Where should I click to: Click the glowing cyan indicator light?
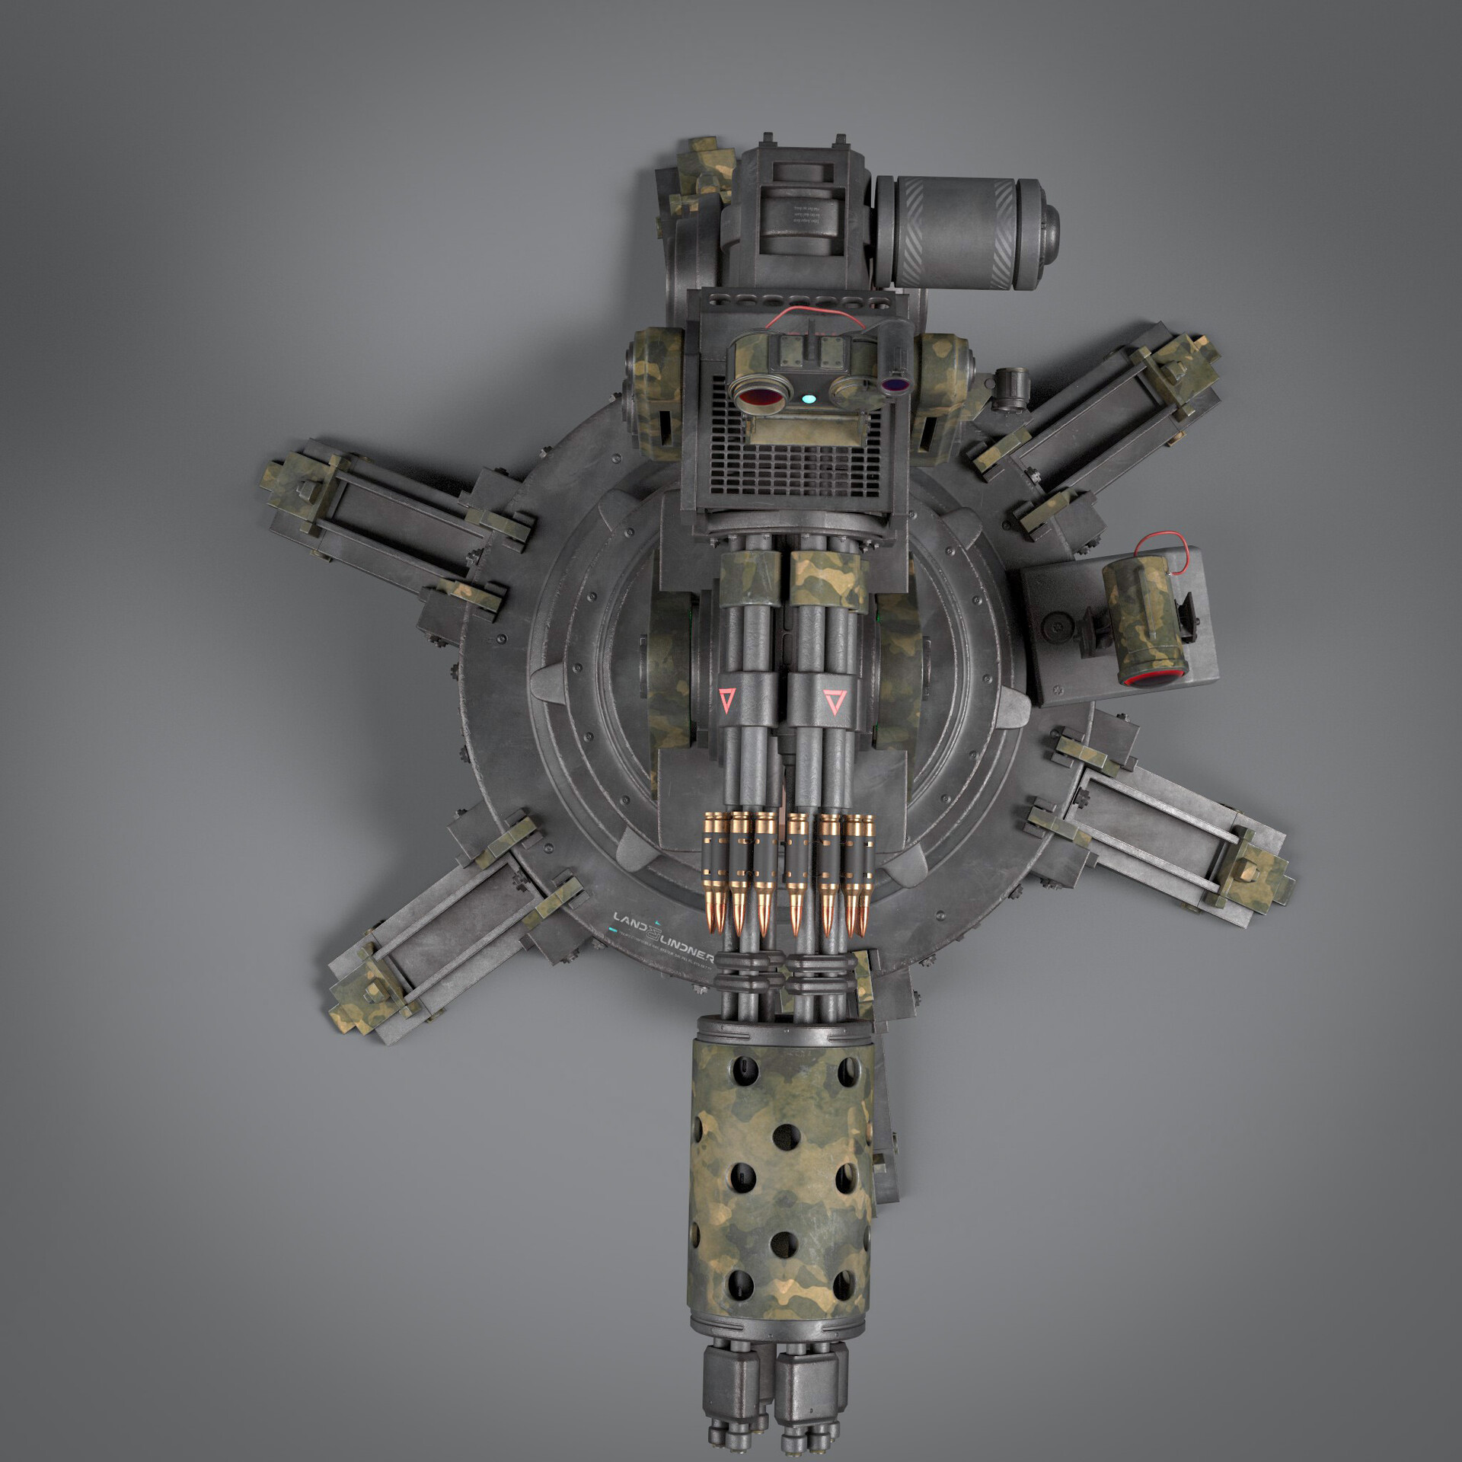point(809,397)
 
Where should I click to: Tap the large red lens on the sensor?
point(756,396)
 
